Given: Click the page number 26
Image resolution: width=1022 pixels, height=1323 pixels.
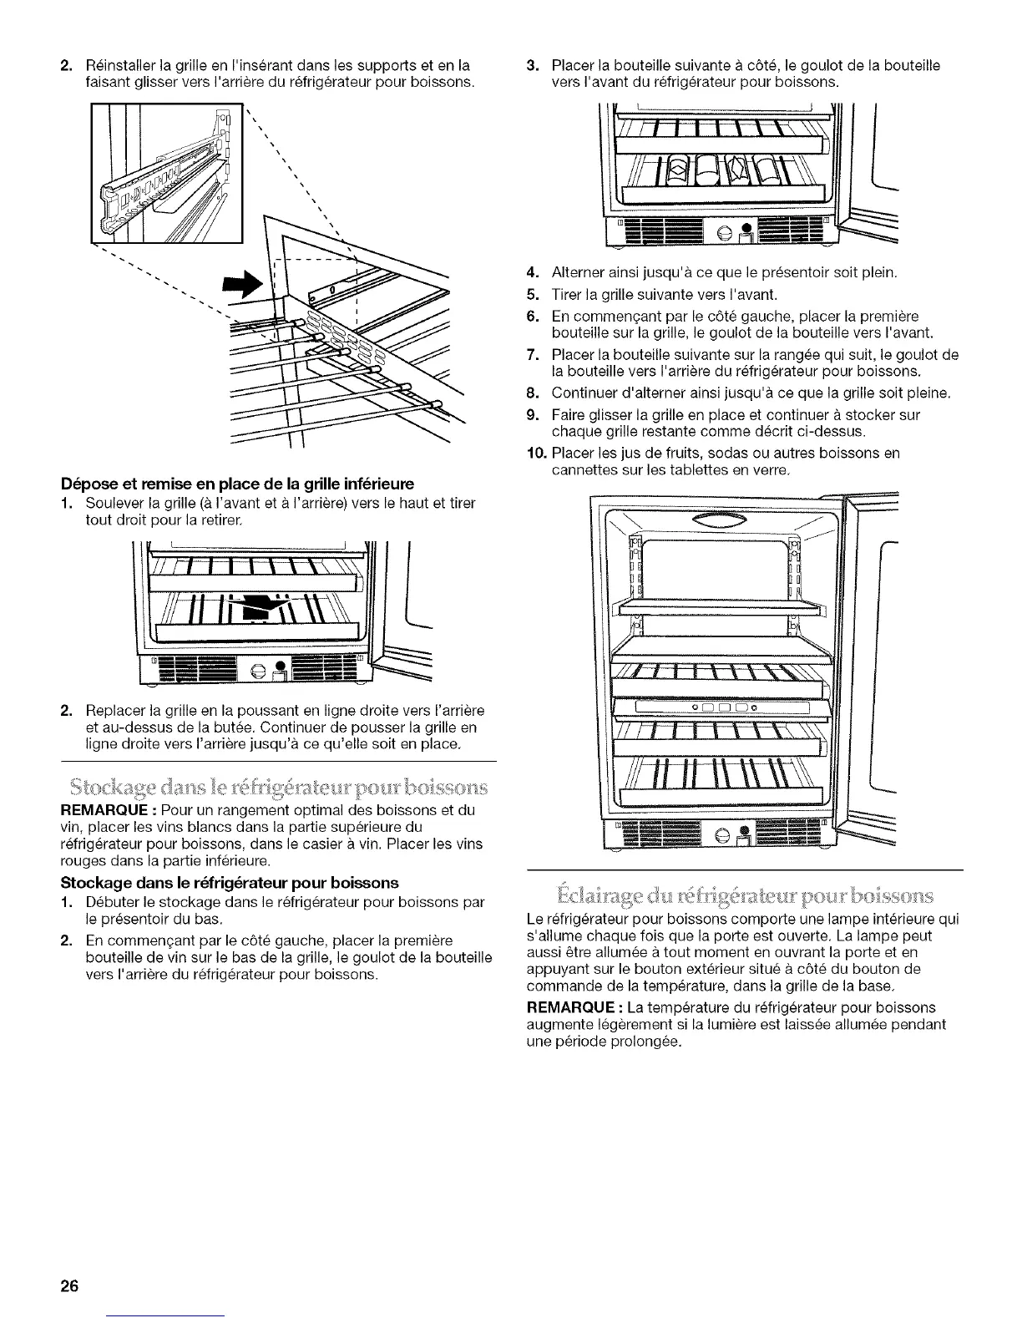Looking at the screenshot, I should click(x=68, y=1285).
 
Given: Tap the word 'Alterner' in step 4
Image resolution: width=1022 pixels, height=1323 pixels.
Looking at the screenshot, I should click(x=577, y=272).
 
